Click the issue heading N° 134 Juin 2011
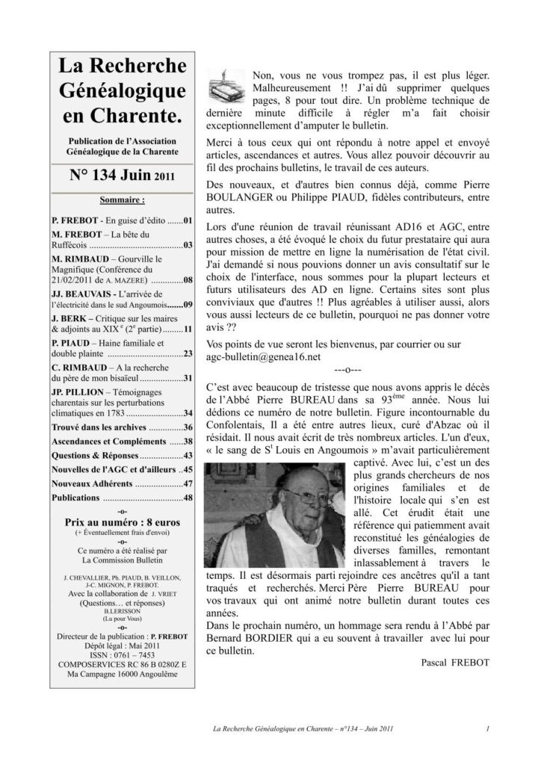123,176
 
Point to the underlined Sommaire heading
123,200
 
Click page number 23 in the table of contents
188,353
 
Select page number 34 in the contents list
188,412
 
